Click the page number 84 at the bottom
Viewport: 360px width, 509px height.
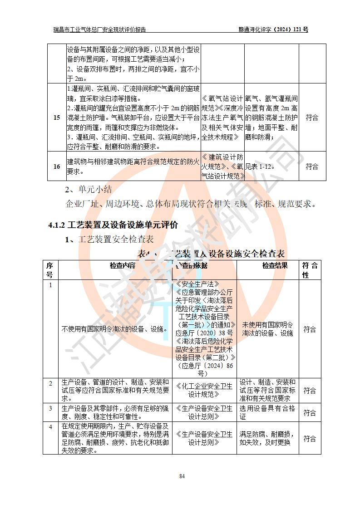pyautogui.click(x=182, y=476)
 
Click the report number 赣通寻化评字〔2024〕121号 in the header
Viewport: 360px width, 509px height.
pyautogui.click(x=273, y=30)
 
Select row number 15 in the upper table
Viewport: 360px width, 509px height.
pyautogui.click(x=57, y=118)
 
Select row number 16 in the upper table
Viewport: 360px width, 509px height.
pyautogui.click(x=57, y=166)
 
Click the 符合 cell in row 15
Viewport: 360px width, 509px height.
pyautogui.click(x=312, y=118)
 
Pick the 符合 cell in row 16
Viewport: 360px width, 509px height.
pyautogui.click(x=312, y=166)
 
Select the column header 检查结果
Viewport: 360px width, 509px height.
pyautogui.click(x=275, y=266)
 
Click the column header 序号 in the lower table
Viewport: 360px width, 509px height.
pyautogui.click(x=49, y=270)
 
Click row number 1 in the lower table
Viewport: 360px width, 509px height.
pyautogui.click(x=50, y=285)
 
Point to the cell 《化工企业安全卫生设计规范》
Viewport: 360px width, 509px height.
pyautogui.click(x=204, y=390)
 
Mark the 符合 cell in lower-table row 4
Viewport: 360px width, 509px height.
pyautogui.click(x=310, y=439)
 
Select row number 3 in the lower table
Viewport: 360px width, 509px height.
pyautogui.click(x=50, y=408)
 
